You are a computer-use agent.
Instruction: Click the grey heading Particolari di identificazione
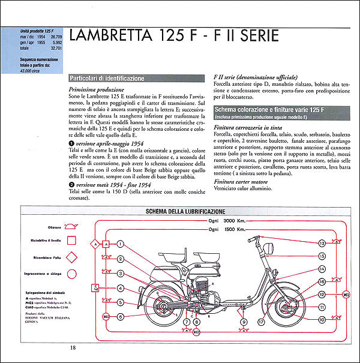pos(106,79)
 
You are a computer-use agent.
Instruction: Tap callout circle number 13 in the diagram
pos(322,243)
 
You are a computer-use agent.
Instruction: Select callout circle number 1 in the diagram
pos(121,244)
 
